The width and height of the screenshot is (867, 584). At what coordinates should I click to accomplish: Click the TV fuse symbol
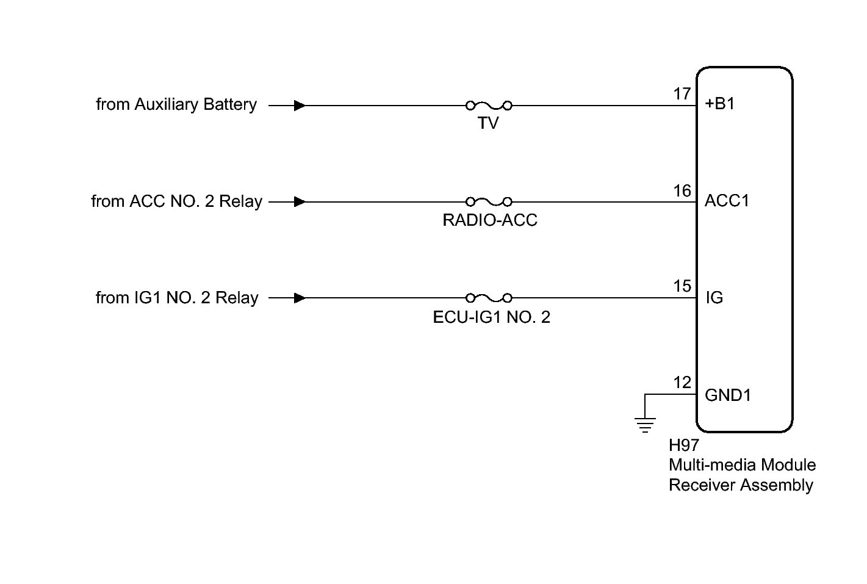point(489,105)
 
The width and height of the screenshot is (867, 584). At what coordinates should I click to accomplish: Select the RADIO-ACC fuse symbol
point(489,201)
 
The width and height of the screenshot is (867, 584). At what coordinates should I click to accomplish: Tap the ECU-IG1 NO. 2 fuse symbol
point(489,298)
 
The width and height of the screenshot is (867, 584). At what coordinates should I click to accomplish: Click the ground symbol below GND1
point(645,425)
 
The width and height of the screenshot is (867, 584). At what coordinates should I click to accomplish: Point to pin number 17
point(682,93)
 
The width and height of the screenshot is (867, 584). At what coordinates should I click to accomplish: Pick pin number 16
point(682,190)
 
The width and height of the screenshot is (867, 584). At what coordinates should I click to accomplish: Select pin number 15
point(682,286)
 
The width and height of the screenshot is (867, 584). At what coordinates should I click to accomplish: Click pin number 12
point(682,383)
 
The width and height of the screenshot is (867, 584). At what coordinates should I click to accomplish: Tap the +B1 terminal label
point(719,104)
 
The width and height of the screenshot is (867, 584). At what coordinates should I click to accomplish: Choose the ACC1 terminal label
point(727,201)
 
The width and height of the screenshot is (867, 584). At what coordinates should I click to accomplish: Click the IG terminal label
point(714,297)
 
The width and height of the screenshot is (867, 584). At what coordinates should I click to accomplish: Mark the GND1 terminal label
point(728,395)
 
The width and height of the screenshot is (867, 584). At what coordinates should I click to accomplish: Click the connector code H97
point(684,445)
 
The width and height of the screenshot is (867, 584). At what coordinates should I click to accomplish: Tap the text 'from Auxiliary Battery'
point(176,104)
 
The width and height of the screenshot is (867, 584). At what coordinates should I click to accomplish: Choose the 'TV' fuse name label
point(488,123)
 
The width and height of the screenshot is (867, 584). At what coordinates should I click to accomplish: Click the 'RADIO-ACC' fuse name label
point(489,220)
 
